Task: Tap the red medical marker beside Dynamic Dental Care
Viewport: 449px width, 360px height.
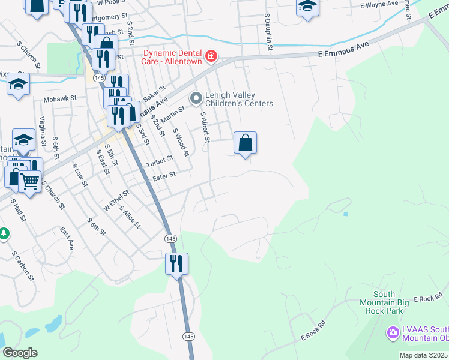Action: pos(211,57)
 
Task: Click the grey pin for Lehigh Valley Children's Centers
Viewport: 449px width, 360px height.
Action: pos(196,98)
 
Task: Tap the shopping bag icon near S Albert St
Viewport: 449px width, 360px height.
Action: pos(245,143)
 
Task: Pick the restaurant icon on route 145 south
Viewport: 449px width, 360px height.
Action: pos(176,264)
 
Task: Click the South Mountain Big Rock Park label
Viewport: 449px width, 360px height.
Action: pos(384,302)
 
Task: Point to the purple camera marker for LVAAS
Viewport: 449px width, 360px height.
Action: pos(393,332)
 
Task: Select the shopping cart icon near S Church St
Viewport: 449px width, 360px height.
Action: pos(31,181)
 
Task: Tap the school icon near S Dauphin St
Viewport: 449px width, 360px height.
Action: pos(307,7)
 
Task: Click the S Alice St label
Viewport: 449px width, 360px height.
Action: pos(130,217)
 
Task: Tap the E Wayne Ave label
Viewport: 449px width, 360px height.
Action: pos(379,4)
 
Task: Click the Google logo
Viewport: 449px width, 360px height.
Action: pos(20,353)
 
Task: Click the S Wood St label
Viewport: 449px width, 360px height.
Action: pos(181,143)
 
